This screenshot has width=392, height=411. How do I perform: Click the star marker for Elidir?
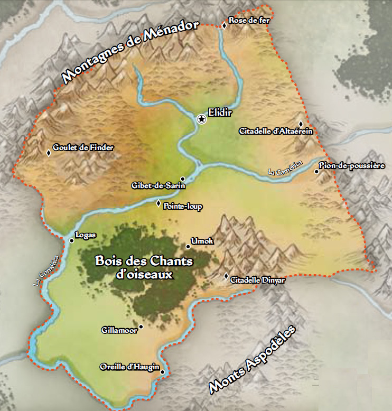tap(201, 119)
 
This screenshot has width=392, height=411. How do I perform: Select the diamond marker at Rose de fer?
tap(224, 25)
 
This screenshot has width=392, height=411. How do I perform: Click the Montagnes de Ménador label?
tap(133, 51)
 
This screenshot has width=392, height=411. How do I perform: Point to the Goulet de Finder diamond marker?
tap(49, 153)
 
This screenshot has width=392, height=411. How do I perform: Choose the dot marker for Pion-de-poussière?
tap(316, 171)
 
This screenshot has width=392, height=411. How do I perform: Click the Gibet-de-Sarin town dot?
tap(182, 179)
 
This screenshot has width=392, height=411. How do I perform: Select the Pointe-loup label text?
tap(183, 206)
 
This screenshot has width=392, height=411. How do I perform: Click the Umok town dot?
tap(188, 246)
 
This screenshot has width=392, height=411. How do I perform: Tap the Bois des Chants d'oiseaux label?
tap(144, 267)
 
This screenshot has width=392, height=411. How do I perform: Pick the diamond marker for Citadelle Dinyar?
tap(226, 276)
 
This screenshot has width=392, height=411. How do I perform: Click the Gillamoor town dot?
tap(141, 326)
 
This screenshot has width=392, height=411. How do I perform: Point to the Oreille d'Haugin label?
tap(129, 367)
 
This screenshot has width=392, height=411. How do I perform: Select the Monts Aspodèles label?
tap(252, 360)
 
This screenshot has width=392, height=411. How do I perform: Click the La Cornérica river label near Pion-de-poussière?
tap(285, 167)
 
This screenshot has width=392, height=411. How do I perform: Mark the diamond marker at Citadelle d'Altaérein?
tap(301, 123)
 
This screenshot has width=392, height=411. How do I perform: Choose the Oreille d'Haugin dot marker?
tap(162, 372)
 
